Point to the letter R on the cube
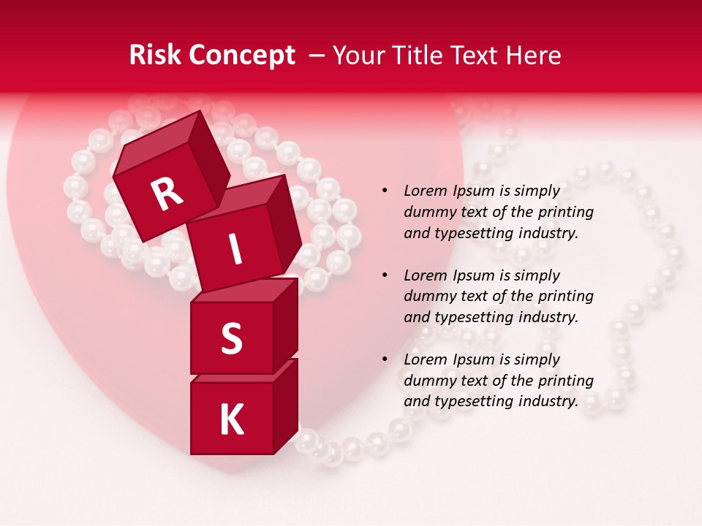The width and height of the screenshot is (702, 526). pos(167,193)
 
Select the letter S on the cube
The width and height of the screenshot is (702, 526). pos(231,339)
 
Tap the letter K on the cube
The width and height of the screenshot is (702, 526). pos(231,420)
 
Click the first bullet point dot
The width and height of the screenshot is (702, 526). pos(385,191)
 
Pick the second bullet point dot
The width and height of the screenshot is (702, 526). pos(385,275)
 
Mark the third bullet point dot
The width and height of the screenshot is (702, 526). pos(385,359)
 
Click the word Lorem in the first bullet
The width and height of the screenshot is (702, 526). pos(425,191)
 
